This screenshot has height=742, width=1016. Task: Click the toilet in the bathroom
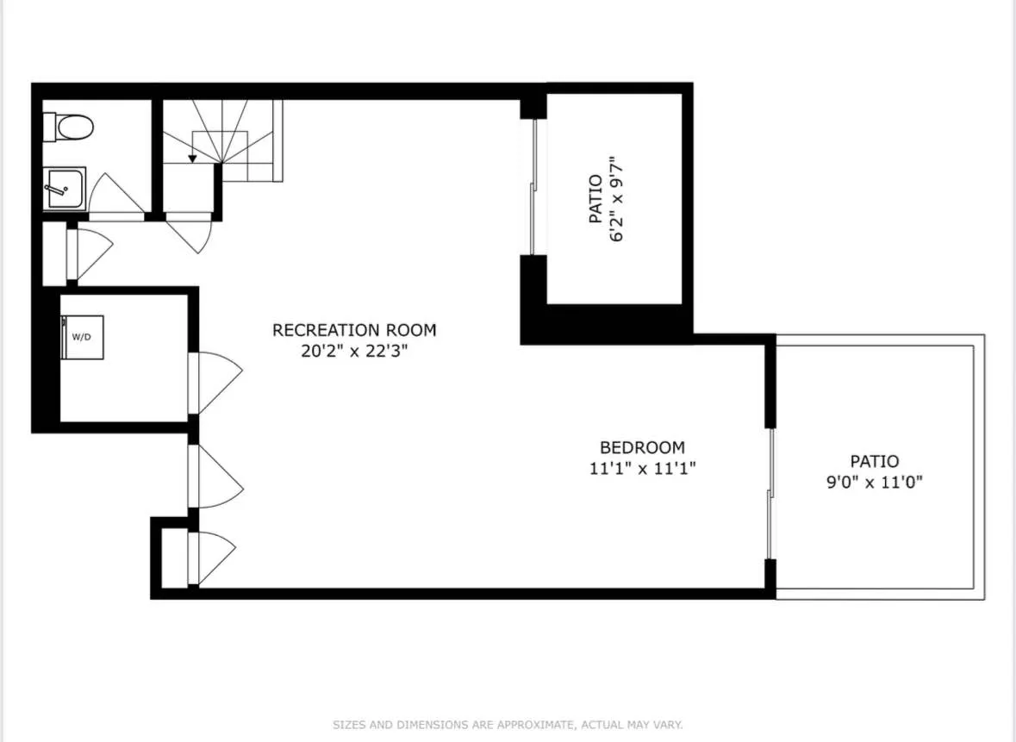point(68,128)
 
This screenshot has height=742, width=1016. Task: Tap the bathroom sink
point(64,189)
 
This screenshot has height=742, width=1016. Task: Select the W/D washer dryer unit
point(83,336)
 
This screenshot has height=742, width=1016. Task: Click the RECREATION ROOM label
point(354,330)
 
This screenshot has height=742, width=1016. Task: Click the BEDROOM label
point(642,448)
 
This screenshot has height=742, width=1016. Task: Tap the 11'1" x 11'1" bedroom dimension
point(642,469)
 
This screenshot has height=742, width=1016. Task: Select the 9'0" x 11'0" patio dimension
point(874,483)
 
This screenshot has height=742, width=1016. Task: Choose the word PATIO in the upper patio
point(595,199)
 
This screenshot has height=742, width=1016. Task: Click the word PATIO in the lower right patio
point(874,462)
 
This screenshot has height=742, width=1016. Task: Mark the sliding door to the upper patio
point(534,186)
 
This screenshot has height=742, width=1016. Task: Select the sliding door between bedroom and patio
point(770,493)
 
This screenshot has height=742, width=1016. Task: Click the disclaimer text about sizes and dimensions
point(508,725)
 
